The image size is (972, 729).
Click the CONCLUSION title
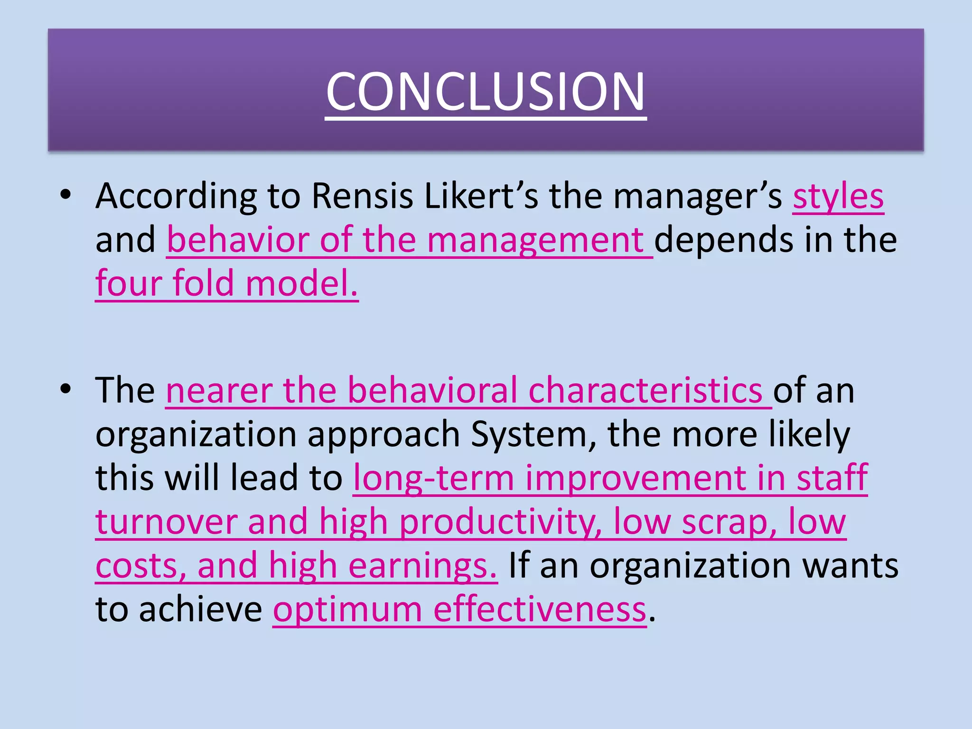[x=486, y=91]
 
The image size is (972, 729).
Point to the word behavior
[x=238, y=240]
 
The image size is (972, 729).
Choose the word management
[x=535, y=241]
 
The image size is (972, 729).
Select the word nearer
[x=219, y=391]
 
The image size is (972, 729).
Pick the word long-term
[x=434, y=478]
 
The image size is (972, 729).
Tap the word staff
[x=832, y=478]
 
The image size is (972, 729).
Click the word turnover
[x=166, y=522]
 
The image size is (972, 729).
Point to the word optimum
[x=347, y=610]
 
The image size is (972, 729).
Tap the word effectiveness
[x=540, y=609]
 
